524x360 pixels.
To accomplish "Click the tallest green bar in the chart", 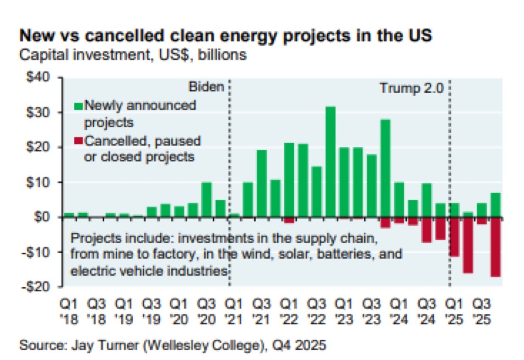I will (x=331, y=162).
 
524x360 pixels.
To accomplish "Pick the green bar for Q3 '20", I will (x=206, y=199).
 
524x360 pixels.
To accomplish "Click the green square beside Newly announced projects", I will (x=79, y=105).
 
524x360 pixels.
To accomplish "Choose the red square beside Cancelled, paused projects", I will (x=79, y=140).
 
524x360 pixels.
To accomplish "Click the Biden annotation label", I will (x=206, y=87).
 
